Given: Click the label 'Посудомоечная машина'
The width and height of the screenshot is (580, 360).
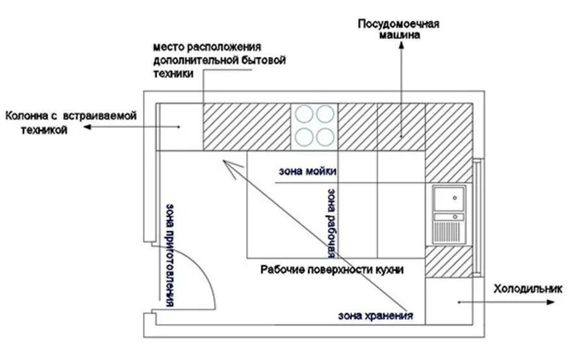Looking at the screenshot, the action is [399, 29].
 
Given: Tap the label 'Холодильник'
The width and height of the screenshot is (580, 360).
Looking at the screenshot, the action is [527, 289].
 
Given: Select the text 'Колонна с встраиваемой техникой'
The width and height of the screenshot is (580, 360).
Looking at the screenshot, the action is [70, 123].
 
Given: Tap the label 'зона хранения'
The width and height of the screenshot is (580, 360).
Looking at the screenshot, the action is [375, 316].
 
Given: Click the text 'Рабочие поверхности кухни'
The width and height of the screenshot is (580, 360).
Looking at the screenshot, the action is [333, 269].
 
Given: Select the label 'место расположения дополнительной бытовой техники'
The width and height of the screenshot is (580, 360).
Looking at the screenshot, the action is [219, 60].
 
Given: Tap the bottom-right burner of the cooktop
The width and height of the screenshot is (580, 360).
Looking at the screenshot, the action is [325, 136].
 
